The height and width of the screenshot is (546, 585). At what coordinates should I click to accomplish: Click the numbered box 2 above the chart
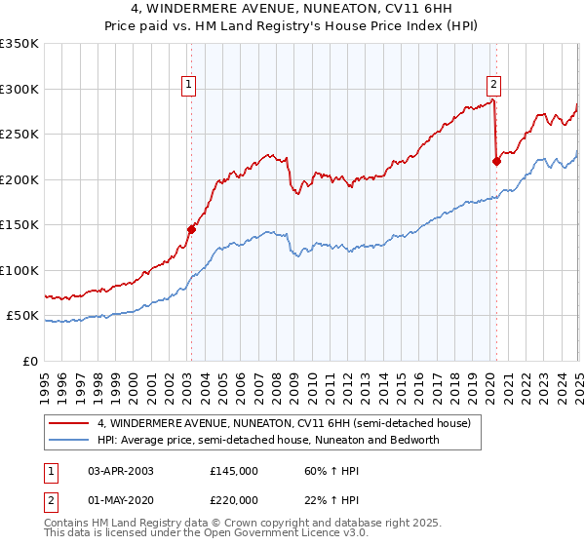pyautogui.click(x=494, y=85)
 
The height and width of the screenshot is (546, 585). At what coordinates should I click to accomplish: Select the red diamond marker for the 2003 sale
pyautogui.click(x=192, y=229)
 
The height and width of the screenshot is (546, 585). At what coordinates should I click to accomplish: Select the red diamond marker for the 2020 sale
pyautogui.click(x=496, y=162)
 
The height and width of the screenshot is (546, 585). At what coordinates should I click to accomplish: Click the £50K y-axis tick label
pyautogui.click(x=22, y=316)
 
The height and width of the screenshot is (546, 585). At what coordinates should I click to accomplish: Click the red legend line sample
pyautogui.click(x=69, y=423)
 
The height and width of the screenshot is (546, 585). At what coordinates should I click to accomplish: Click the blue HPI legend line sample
pyautogui.click(x=69, y=440)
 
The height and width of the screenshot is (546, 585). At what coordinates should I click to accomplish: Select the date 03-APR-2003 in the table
pyautogui.click(x=120, y=471)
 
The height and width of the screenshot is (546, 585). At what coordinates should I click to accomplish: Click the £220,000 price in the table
pyautogui.click(x=233, y=498)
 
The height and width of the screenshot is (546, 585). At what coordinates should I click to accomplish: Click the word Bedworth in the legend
pyautogui.click(x=416, y=440)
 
